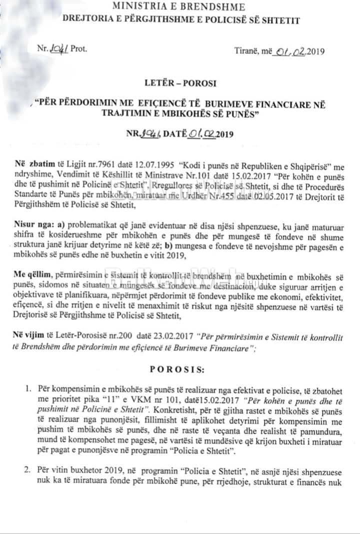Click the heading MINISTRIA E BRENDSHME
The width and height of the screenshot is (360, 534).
(x=178, y=7)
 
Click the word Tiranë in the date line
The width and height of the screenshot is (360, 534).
(x=246, y=50)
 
